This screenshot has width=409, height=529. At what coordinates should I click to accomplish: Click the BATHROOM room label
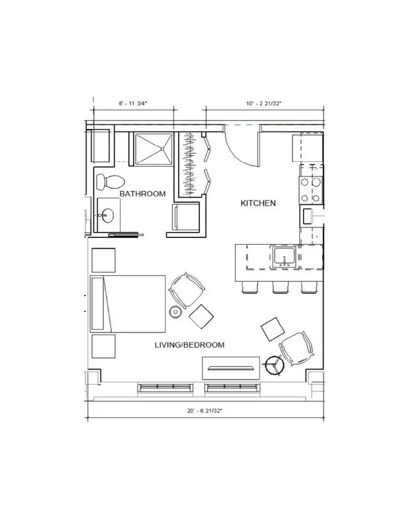point(142,194)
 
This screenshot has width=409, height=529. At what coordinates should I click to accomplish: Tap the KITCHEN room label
point(258,203)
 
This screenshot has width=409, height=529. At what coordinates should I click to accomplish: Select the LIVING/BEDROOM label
point(189,345)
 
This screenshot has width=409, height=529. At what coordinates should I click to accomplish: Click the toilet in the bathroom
point(111,183)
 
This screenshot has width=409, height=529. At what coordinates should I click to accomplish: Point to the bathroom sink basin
point(108,216)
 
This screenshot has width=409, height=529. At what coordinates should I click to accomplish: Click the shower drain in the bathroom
point(162,148)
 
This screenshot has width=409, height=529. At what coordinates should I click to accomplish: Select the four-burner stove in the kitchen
point(310,190)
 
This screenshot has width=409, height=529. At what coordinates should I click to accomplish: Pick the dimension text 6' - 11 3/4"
point(133,104)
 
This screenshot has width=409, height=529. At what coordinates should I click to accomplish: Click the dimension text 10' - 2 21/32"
point(264,104)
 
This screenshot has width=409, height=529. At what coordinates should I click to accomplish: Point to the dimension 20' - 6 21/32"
point(205,411)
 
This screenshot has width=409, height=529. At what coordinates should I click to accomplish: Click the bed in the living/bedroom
point(128,304)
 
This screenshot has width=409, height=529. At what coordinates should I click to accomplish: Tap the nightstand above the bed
point(104,260)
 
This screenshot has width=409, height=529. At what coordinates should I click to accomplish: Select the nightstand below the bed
point(104,346)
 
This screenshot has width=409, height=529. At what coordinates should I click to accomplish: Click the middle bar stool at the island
point(281,287)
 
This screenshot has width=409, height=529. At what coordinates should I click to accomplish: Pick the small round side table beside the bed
point(175,311)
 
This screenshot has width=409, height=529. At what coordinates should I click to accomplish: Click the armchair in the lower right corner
point(296,349)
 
